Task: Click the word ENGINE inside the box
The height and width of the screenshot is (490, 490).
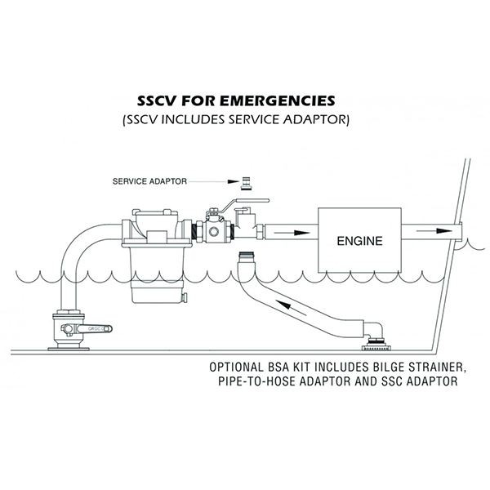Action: tap(359, 241)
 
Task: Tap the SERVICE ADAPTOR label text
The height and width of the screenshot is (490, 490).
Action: tap(149, 181)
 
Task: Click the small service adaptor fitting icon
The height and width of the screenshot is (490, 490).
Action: tap(246, 183)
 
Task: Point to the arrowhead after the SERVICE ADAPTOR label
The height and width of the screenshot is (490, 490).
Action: tap(233, 181)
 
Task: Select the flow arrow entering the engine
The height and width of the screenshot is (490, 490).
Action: tap(292, 233)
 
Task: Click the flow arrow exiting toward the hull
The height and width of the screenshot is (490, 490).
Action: tap(434, 231)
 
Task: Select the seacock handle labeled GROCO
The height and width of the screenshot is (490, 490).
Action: tap(94, 329)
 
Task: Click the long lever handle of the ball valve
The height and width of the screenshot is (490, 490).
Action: tap(247, 203)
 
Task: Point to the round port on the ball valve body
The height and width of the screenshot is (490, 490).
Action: tap(214, 232)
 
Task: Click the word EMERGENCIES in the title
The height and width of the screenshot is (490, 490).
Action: tap(277, 101)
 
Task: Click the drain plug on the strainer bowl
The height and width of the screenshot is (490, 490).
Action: tap(185, 298)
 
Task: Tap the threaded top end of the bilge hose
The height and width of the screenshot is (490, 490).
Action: tap(247, 256)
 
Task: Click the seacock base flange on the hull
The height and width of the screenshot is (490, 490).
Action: tap(69, 349)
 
